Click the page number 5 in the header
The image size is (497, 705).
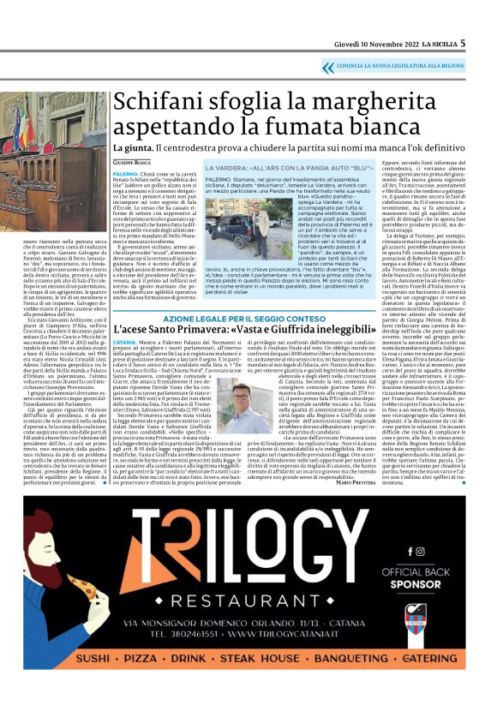tap(464, 43)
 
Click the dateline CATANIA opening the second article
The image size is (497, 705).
tap(126, 344)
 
